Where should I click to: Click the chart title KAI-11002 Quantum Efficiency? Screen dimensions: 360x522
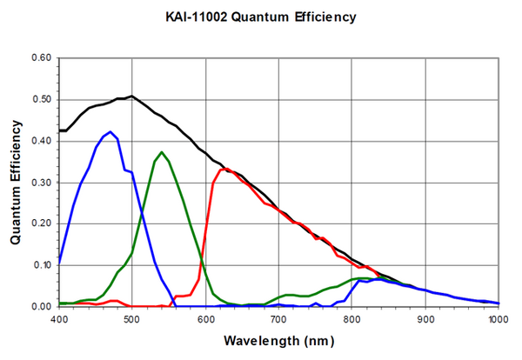tap(260, 17)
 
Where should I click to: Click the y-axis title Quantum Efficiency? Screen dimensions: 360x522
tap(16, 182)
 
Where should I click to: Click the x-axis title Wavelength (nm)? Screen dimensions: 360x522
tap(278, 342)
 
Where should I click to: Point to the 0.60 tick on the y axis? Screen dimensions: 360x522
tap(42, 58)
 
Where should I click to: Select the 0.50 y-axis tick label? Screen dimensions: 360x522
tap(42, 99)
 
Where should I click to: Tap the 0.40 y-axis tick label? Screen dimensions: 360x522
tap(42, 141)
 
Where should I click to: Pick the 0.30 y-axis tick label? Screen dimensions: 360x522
tap(42, 183)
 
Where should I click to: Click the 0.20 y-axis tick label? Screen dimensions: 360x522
tap(42, 223)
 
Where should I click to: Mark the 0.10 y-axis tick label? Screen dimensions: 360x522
tap(42, 265)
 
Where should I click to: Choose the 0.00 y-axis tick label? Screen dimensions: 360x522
tap(42, 306)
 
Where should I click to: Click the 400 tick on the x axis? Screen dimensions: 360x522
tap(59, 319)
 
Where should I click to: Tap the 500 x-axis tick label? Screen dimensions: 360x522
tap(132, 319)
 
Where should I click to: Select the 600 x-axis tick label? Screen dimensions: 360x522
tap(205, 319)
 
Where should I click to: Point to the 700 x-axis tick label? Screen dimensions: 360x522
tap(278, 319)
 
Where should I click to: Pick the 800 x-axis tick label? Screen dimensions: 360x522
tap(352, 319)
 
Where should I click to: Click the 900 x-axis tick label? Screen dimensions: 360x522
tap(425, 319)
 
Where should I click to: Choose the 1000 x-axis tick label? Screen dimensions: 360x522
tap(498, 319)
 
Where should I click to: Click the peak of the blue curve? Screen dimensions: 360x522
tap(110, 132)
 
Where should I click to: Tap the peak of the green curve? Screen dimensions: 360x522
tap(162, 152)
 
